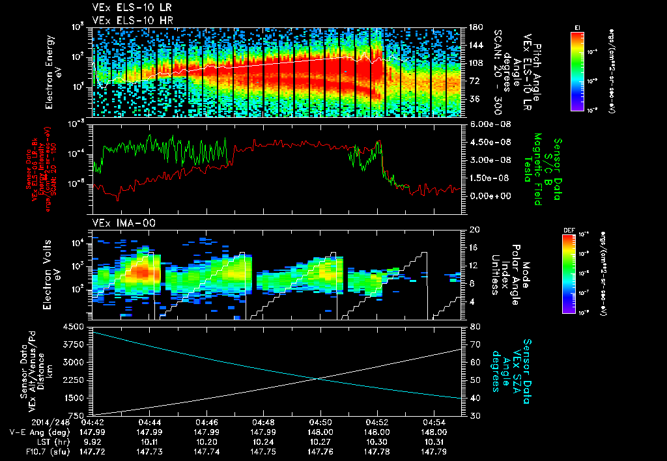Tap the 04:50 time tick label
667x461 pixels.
tap(320, 422)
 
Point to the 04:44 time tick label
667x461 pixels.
tap(150, 422)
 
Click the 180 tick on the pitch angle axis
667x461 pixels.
tap(475, 27)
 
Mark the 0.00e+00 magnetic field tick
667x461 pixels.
tap(489, 196)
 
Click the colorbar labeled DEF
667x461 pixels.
tap(577, 270)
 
